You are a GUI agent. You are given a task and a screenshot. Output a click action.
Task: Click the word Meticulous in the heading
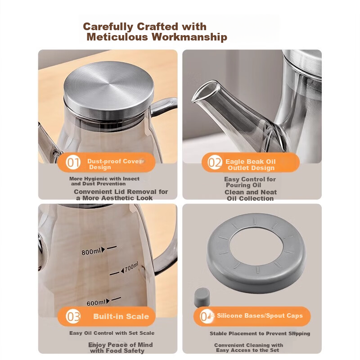[x=117, y=37]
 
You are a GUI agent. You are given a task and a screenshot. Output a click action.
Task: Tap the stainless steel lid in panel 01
[x=108, y=88]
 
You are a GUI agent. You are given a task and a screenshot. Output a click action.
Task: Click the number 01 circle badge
[x=73, y=162]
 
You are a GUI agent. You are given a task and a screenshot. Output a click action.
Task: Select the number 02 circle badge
[x=215, y=162]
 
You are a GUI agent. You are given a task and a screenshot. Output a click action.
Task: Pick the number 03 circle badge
[x=73, y=316]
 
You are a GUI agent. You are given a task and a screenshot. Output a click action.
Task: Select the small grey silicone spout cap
[x=202, y=297]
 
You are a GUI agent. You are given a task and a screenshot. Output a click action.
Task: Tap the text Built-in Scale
[x=121, y=316]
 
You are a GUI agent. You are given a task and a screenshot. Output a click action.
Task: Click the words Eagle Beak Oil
[x=251, y=162]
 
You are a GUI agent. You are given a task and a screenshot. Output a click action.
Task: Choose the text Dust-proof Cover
[x=115, y=161]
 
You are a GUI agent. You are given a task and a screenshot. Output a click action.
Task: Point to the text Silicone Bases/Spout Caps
[x=260, y=316]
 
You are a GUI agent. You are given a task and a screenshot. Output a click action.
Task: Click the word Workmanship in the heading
[x=189, y=37]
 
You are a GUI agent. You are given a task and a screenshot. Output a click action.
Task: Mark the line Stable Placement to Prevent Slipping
[x=260, y=333]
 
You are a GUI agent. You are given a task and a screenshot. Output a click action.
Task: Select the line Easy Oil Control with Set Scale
[x=112, y=333]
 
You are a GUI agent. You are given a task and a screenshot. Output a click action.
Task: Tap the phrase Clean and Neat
[x=251, y=192]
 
